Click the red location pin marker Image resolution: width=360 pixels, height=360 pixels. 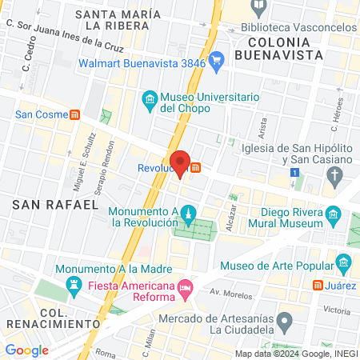(x=181, y=162)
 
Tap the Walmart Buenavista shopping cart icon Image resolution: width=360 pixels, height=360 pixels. (x=216, y=59)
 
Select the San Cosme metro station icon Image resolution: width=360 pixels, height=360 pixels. (x=74, y=114)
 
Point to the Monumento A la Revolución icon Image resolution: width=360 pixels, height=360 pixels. (x=188, y=214)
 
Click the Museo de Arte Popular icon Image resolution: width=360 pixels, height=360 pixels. (x=344, y=262)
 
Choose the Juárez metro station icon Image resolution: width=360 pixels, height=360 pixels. (x=318, y=285)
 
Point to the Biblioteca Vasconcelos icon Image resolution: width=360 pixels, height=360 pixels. (x=258, y=7)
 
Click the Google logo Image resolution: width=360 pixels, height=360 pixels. (x=26, y=350)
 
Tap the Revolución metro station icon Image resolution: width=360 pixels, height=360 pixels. (x=195, y=166)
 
